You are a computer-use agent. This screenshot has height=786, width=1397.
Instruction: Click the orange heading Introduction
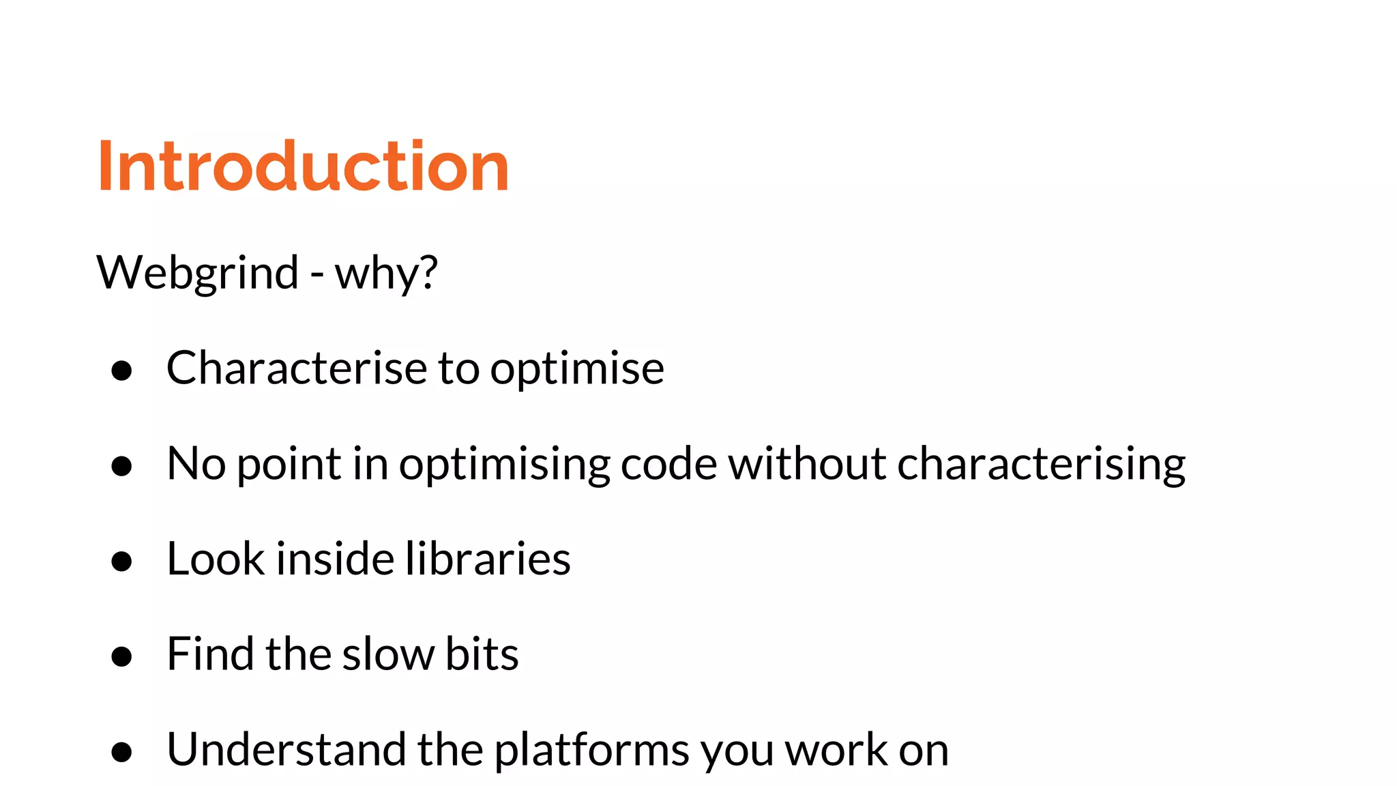click(x=303, y=166)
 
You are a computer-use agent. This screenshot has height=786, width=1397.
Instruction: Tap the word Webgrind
click(x=198, y=273)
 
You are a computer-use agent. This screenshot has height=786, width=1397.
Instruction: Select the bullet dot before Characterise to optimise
click(x=121, y=370)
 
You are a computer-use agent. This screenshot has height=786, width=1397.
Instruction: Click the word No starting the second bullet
click(x=196, y=464)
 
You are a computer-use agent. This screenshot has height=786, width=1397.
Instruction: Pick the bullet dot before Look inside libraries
click(x=121, y=561)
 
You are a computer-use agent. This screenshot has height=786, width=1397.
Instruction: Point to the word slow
click(x=387, y=654)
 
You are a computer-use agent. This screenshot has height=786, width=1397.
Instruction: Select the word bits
click(x=482, y=654)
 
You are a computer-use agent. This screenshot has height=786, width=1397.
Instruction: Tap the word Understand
click(x=286, y=750)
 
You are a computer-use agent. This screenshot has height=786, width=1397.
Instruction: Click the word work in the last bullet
click(x=836, y=750)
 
